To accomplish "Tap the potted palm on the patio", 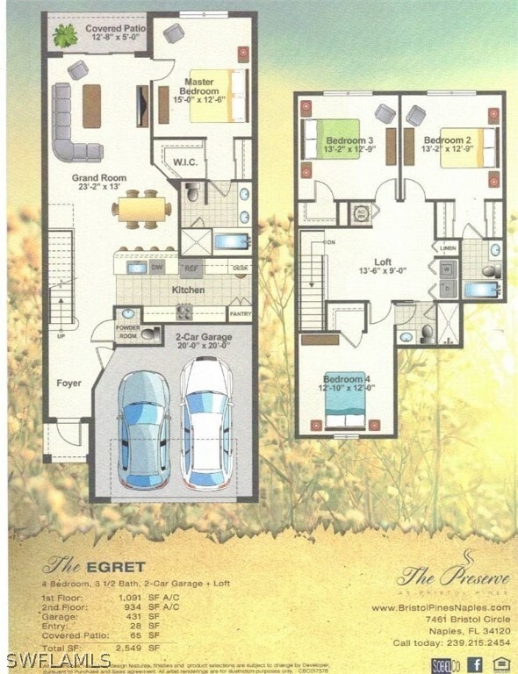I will pos(64,36).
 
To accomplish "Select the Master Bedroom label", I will pos(199,87).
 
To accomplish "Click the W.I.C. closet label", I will pos(184,162).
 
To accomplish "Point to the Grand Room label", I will pos(99,183).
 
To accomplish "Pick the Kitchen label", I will pos(188,290).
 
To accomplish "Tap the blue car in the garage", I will pos(144,429).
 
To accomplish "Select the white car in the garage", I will pos(206,423).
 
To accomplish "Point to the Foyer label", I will pos(69,383).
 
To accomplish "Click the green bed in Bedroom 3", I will pos(332,140).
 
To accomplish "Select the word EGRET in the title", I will pos(114,566).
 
